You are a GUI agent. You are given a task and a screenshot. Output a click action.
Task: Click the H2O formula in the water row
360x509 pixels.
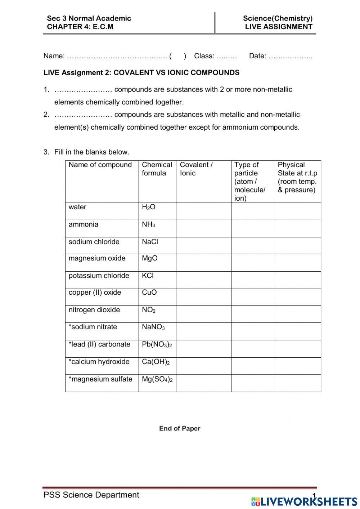pos(149,207)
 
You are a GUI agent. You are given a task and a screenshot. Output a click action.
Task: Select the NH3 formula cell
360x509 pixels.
pos(148,225)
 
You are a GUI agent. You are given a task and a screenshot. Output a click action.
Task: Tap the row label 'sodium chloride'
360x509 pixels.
pos(94,242)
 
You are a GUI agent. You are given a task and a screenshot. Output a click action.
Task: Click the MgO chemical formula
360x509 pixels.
pos(150,258)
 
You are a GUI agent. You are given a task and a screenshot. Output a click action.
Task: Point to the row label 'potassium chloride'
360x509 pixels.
pos(99,276)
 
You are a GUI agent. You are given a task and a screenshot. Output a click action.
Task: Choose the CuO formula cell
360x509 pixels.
pos(149,293)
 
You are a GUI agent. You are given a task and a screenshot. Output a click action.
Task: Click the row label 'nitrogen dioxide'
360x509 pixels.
pos(94,310)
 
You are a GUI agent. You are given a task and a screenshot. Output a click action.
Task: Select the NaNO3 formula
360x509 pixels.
pos(153,327)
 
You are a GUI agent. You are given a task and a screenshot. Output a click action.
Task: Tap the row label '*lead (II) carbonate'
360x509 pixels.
pos(99,344)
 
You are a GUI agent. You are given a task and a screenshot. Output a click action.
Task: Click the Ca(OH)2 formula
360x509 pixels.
pos(156,362)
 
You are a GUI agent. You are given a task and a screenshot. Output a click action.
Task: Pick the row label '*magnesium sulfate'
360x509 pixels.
pos(100,379)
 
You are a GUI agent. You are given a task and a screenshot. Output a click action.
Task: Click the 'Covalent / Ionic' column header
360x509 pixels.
pos(196,169)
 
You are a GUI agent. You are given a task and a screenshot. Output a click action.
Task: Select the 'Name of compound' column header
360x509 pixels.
pos(100,165)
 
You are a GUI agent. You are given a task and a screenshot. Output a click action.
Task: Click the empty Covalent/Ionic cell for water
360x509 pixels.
pos(204,211)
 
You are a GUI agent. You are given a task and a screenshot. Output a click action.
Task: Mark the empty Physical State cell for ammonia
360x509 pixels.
pos(298,228)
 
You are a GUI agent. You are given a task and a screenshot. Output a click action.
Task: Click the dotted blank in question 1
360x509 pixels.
pos(84,90)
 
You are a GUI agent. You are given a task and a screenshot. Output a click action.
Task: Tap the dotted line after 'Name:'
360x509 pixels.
pos(117,56)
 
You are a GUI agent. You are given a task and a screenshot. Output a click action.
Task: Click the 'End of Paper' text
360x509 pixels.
pos(180,428)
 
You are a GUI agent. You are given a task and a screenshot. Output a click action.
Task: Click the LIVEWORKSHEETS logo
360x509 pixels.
pos(304,501)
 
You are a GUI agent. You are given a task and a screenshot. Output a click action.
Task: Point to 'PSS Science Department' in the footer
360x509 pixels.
pos(91,495)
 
